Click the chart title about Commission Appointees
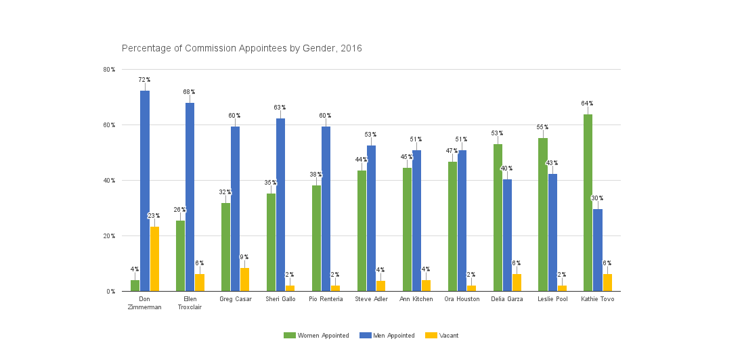click(242, 49)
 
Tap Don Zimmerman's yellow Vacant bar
click(155, 259)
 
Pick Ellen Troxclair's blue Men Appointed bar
click(190, 197)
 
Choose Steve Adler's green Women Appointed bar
click(362, 231)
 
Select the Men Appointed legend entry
click(387, 336)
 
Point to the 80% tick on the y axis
click(109, 70)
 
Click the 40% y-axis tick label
click(109, 181)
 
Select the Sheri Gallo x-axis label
click(280, 299)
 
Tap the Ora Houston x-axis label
click(462, 299)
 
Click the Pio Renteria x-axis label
click(326, 299)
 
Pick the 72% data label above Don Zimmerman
click(144, 80)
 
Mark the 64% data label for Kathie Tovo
click(587, 104)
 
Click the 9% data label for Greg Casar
click(244, 257)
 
